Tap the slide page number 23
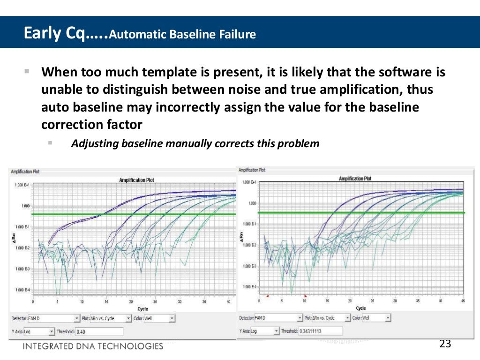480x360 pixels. pyautogui.click(x=445, y=344)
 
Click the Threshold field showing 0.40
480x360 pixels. pyautogui.click(x=99, y=331)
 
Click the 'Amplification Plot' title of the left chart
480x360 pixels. pyautogui.click(x=136, y=180)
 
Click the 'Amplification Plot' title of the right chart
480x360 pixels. pyautogui.click(x=355, y=179)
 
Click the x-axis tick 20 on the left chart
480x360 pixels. pyautogui.click(x=131, y=301)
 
